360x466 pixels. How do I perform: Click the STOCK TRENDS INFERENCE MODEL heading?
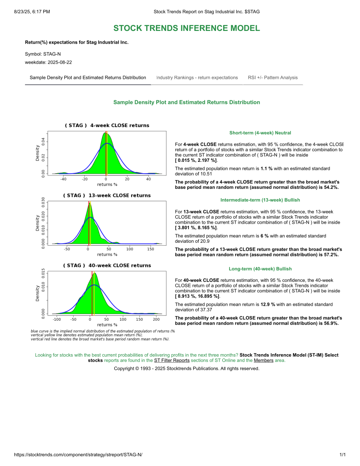tap(186, 28)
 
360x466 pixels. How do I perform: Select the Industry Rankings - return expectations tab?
tap(197, 78)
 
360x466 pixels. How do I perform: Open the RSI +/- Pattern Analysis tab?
tap(273, 78)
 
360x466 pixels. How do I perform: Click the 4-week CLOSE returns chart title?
tap(107, 125)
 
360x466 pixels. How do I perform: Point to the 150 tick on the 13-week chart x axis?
tap(150, 249)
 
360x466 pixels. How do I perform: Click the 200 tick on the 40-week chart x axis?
tap(156, 319)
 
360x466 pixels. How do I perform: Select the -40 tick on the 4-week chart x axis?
tap(63, 179)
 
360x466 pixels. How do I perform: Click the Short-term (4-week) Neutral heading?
tap(260, 133)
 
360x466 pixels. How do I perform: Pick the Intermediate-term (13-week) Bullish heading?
tap(260, 200)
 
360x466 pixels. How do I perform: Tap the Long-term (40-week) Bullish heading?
tap(260, 269)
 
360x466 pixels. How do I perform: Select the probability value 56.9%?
tap(330, 323)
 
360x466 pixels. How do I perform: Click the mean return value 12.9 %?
tap(268, 305)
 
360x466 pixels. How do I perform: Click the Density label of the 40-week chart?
tap(38, 292)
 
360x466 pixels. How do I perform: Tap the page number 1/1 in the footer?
tap(343, 455)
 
